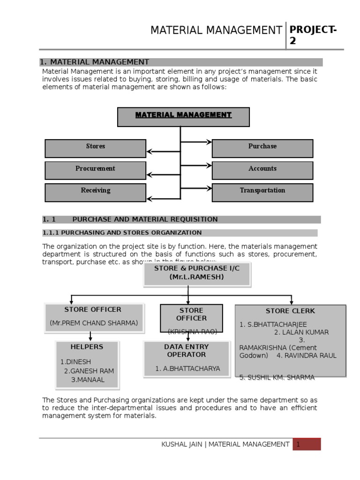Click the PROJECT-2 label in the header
[x=313, y=35]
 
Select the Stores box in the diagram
[x=95, y=148]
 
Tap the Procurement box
[x=95, y=170]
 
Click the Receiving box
[x=95, y=192]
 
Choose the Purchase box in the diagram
[x=262, y=148]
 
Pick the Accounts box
[x=262, y=170]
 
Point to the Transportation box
[x=262, y=192]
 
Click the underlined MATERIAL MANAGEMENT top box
[x=183, y=116]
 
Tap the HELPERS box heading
[x=87, y=347]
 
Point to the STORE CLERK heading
[x=290, y=311]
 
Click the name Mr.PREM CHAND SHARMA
[x=94, y=323]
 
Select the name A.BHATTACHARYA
[x=187, y=368]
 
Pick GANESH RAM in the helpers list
[x=89, y=371]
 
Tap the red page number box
[x=307, y=444]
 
